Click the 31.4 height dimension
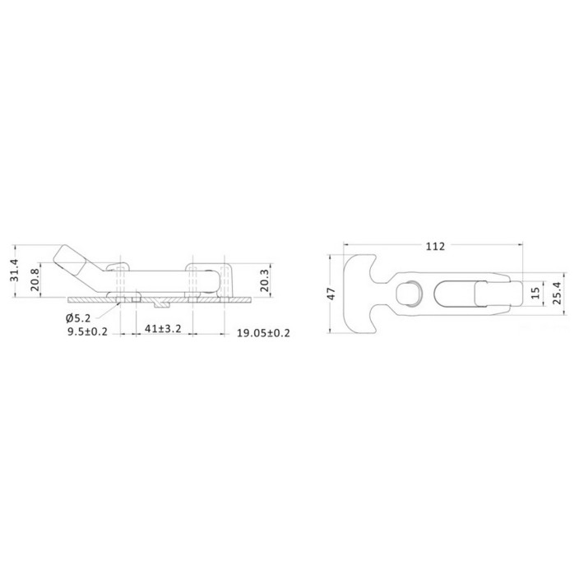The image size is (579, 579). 15,270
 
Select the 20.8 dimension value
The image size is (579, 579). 35,280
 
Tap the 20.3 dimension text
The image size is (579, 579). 264,280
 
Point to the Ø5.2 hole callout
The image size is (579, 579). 78,318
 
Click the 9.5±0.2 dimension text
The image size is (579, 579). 87,331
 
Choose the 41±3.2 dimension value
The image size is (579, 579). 163,328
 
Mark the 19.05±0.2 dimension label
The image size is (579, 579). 263,333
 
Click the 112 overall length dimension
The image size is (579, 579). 435,246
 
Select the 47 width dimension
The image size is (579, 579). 331,294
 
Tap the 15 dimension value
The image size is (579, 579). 535,293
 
